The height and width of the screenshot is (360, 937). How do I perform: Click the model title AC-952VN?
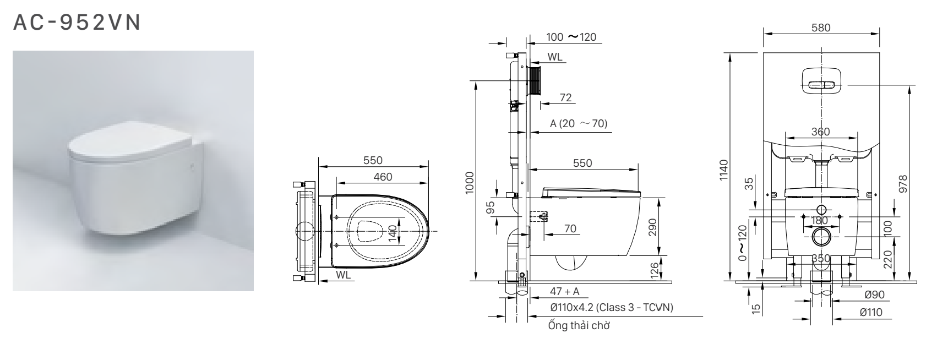pos(77,23)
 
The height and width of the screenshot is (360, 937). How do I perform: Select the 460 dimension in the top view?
pos(383,177)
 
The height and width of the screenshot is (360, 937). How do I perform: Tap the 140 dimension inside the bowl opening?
pos(391,233)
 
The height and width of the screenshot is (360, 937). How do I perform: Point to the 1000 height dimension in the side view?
pos(469,186)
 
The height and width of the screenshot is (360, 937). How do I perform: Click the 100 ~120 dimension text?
pos(571,37)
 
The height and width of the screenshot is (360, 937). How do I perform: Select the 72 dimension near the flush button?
pos(565,97)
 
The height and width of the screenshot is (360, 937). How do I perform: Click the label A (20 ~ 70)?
pos(578,123)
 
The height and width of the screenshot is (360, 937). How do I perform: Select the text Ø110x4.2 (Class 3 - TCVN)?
pos(611,307)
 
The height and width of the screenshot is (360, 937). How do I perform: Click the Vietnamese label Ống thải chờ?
pos(579,325)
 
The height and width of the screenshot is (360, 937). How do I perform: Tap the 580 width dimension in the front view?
pos(821,27)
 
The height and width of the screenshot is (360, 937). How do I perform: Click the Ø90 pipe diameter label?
pos(874,295)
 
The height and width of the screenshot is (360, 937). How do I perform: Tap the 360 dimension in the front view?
pos(820,132)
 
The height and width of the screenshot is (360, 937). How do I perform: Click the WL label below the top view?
pos(343,273)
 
